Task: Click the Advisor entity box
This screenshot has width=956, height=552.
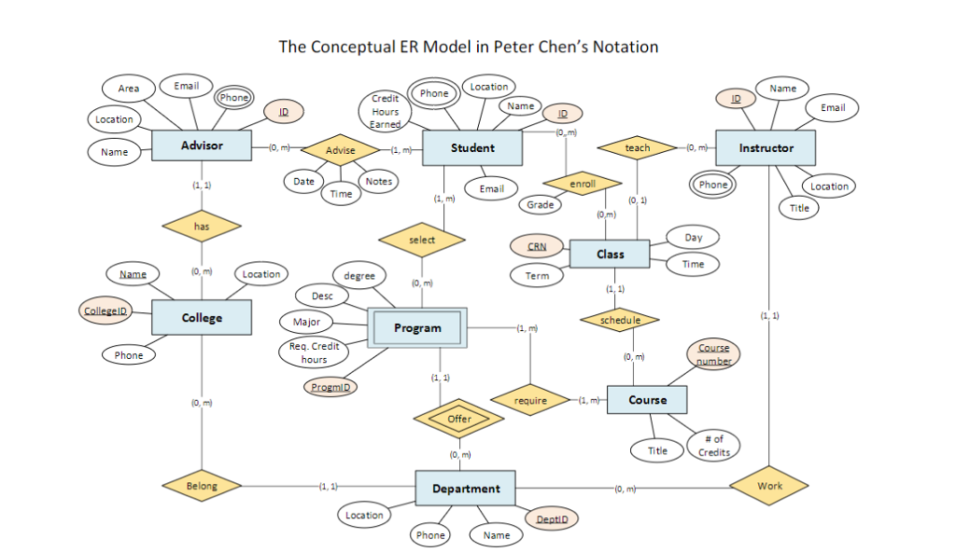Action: coord(202,146)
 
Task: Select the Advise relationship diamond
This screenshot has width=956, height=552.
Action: coord(340,149)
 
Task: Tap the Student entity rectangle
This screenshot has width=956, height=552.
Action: coord(472,148)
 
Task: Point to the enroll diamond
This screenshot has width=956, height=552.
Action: coord(582,183)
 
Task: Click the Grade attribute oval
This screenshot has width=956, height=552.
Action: coord(541,204)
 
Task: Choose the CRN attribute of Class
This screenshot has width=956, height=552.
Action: coord(537,247)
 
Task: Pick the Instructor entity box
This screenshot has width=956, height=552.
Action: coord(766,148)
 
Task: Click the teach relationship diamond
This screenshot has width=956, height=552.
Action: coord(637,148)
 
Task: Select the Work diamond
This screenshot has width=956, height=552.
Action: coord(769,486)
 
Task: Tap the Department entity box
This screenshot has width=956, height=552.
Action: coord(466,489)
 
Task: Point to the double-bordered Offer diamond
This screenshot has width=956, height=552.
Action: coord(459,420)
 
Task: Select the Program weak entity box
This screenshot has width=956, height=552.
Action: coord(417,328)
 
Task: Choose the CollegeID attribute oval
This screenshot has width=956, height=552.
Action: coord(105,311)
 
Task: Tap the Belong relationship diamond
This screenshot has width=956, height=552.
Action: coord(202,486)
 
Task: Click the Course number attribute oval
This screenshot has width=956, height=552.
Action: coord(713,354)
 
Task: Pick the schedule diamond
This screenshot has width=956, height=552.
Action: coord(620,320)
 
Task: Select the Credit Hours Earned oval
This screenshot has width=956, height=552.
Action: coord(386,111)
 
